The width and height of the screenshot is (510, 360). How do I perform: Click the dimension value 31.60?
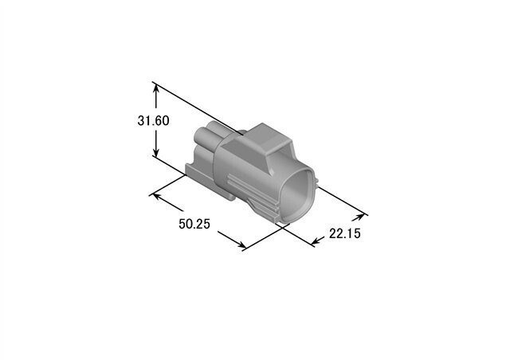(153, 121)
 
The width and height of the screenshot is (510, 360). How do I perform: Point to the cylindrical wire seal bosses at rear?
(209, 143)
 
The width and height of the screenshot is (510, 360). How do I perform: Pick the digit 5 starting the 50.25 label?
(182, 225)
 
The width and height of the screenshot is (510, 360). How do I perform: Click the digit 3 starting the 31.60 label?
(141, 121)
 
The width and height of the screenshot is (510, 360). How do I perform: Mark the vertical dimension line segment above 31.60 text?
(157, 100)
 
